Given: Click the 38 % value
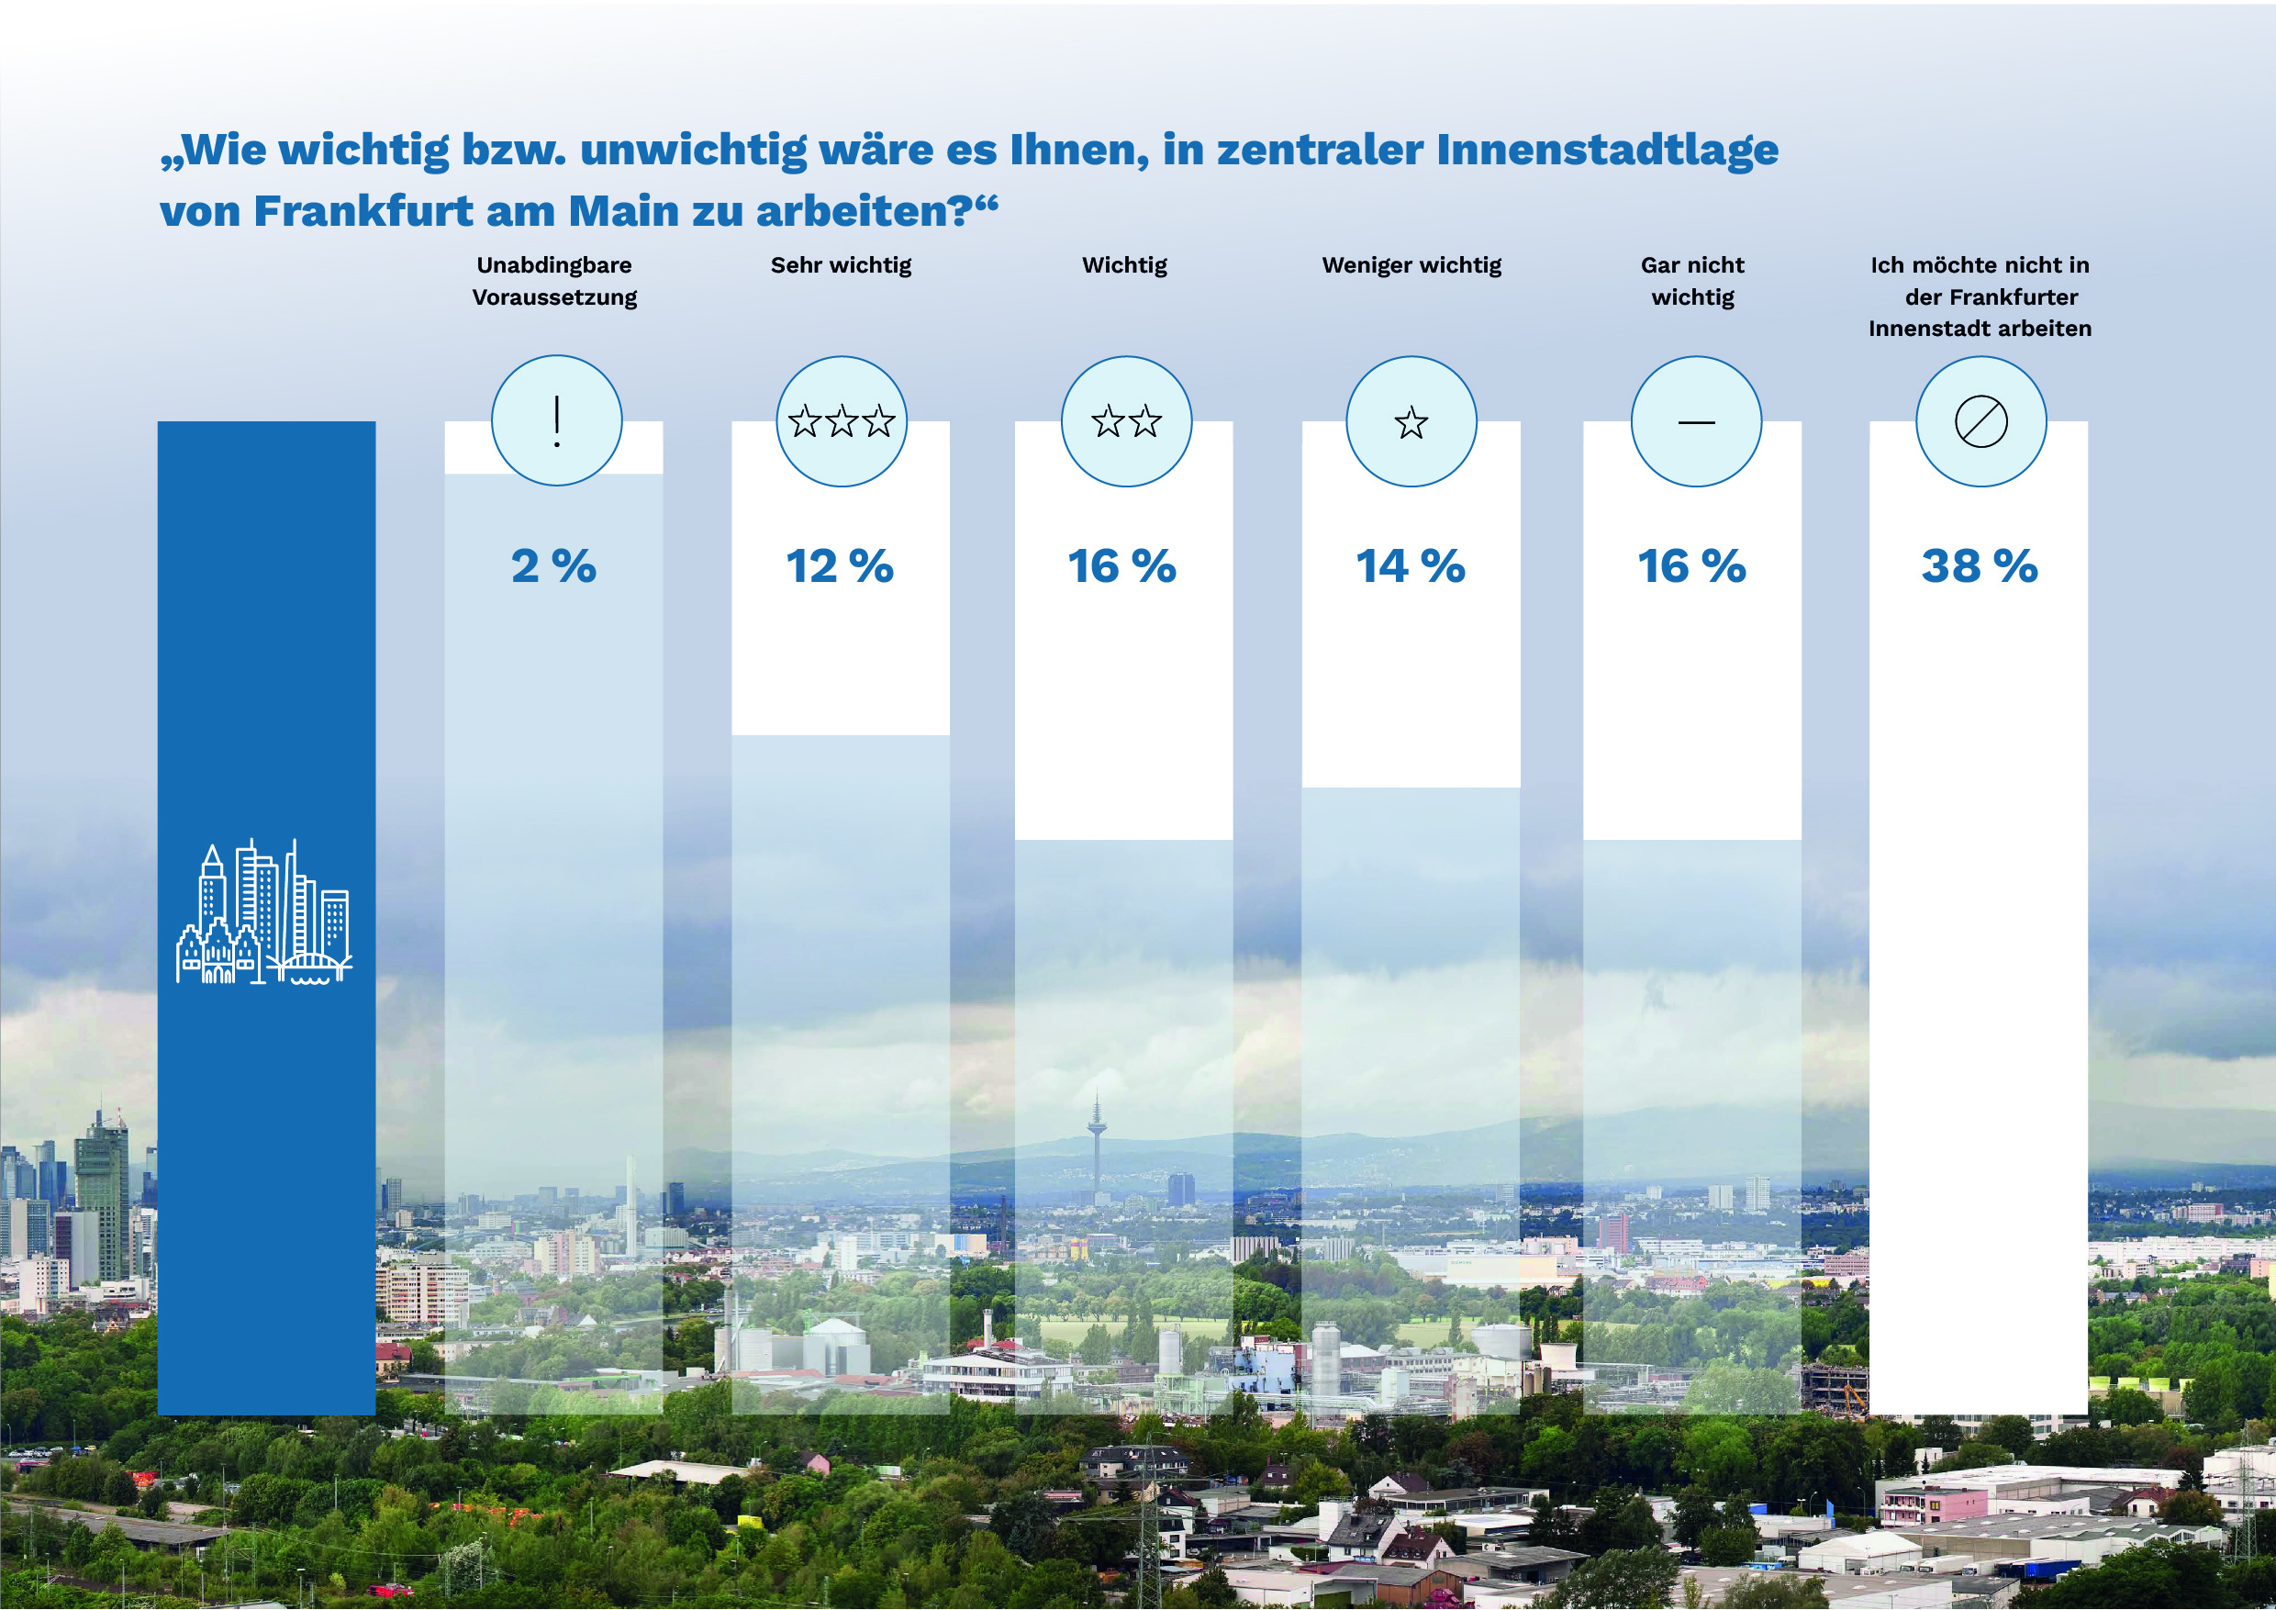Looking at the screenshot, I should pyautogui.click(x=1979, y=566).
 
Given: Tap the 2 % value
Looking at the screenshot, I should pyautogui.click(x=553, y=566).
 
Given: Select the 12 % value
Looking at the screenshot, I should pyautogui.click(x=840, y=566).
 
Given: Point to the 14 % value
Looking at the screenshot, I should pyautogui.click(x=1410, y=566).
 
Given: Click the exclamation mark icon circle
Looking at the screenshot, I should pyautogui.click(x=557, y=420).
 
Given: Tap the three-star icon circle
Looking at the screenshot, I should pyautogui.click(x=842, y=421).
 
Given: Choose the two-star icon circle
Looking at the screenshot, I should pyautogui.click(x=1126, y=421).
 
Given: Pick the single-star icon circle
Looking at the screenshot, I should pyautogui.click(x=1411, y=421).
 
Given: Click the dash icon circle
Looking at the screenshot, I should pyautogui.click(x=1696, y=421).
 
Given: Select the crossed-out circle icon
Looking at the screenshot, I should pyautogui.click(x=1980, y=421).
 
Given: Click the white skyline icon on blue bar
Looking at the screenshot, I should pyautogui.click(x=263, y=912).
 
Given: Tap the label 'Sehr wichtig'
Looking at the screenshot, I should pyautogui.click(x=841, y=264).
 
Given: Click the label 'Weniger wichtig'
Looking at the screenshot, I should pyautogui.click(x=1411, y=264).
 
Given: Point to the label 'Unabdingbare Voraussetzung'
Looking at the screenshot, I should pyautogui.click(x=554, y=281).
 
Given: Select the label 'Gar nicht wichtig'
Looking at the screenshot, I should pyautogui.click(x=1692, y=281).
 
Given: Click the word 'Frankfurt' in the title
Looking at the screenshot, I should pyautogui.click(x=363, y=211).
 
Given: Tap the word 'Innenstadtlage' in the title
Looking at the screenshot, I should pyautogui.click(x=1607, y=150).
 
